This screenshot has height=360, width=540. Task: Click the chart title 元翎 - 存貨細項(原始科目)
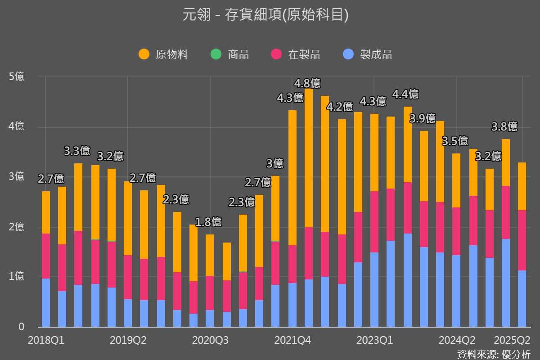click(x=265, y=15)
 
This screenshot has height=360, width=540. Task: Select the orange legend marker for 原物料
click(x=144, y=54)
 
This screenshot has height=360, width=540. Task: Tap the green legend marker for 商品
click(x=216, y=54)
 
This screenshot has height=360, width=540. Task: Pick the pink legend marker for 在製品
click(x=276, y=54)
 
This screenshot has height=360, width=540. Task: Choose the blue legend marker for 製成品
click(x=349, y=54)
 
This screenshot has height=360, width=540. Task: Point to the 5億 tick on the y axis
click(x=17, y=77)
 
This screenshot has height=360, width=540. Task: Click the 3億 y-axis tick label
click(x=17, y=176)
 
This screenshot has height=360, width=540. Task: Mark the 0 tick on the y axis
click(x=21, y=327)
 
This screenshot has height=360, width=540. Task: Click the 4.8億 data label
click(x=307, y=83)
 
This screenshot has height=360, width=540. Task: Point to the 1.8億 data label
click(x=208, y=222)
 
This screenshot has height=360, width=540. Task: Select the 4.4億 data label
click(x=405, y=94)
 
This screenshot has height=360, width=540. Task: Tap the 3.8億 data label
click(x=504, y=127)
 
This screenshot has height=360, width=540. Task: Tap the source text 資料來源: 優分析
click(x=494, y=354)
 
